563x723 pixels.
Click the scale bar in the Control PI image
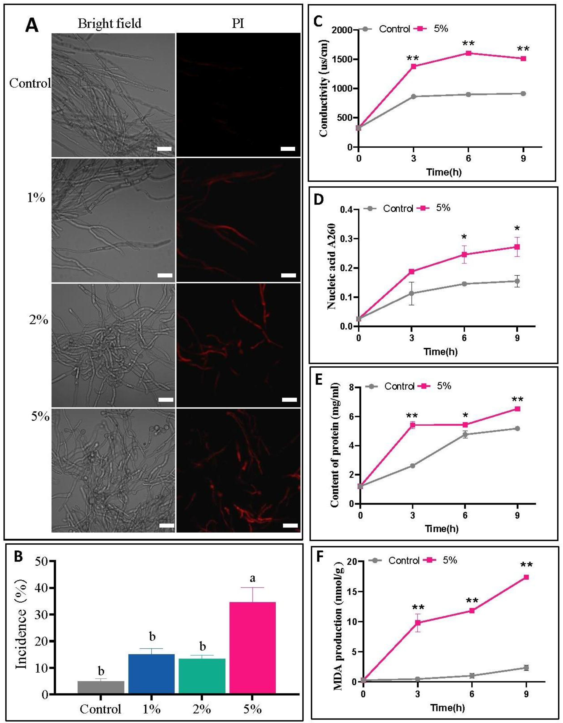[288, 149]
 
